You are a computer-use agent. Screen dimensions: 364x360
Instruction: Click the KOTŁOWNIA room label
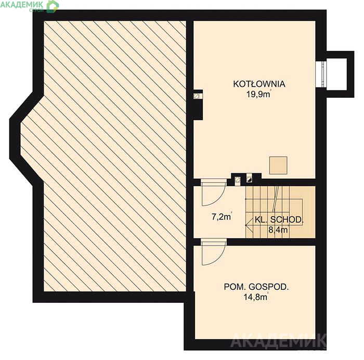coord(259,84)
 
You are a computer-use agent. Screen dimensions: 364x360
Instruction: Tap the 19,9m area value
coord(258,94)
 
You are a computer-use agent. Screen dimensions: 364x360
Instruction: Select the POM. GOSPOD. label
coord(256,287)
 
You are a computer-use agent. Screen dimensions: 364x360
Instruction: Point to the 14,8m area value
coord(256,297)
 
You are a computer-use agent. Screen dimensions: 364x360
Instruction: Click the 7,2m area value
coord(222,217)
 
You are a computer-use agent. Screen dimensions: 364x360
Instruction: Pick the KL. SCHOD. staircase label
coord(279,220)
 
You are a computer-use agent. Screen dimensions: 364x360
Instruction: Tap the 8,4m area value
coord(278,230)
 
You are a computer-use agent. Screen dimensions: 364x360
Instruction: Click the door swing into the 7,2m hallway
coord(214,193)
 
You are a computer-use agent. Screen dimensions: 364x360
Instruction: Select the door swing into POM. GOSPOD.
coord(214,252)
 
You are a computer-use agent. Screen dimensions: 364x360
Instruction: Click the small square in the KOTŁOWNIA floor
coord(278,165)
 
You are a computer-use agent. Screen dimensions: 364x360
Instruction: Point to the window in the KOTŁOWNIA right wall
coord(321,74)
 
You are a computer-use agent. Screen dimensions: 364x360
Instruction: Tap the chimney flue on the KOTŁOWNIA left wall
coord(197,96)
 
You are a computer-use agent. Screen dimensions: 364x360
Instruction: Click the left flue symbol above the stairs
coord(237,180)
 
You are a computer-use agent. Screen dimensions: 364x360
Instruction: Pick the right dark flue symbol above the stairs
coord(249,179)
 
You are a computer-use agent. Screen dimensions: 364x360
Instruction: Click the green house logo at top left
coord(53,6)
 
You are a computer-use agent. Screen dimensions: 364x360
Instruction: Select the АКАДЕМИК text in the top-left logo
coord(22,4)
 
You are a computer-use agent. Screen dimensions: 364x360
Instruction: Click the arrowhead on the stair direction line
coord(249,225)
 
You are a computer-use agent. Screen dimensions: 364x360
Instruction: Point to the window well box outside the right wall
coord(340,74)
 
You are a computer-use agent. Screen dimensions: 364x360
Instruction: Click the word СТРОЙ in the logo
coord(36,10)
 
